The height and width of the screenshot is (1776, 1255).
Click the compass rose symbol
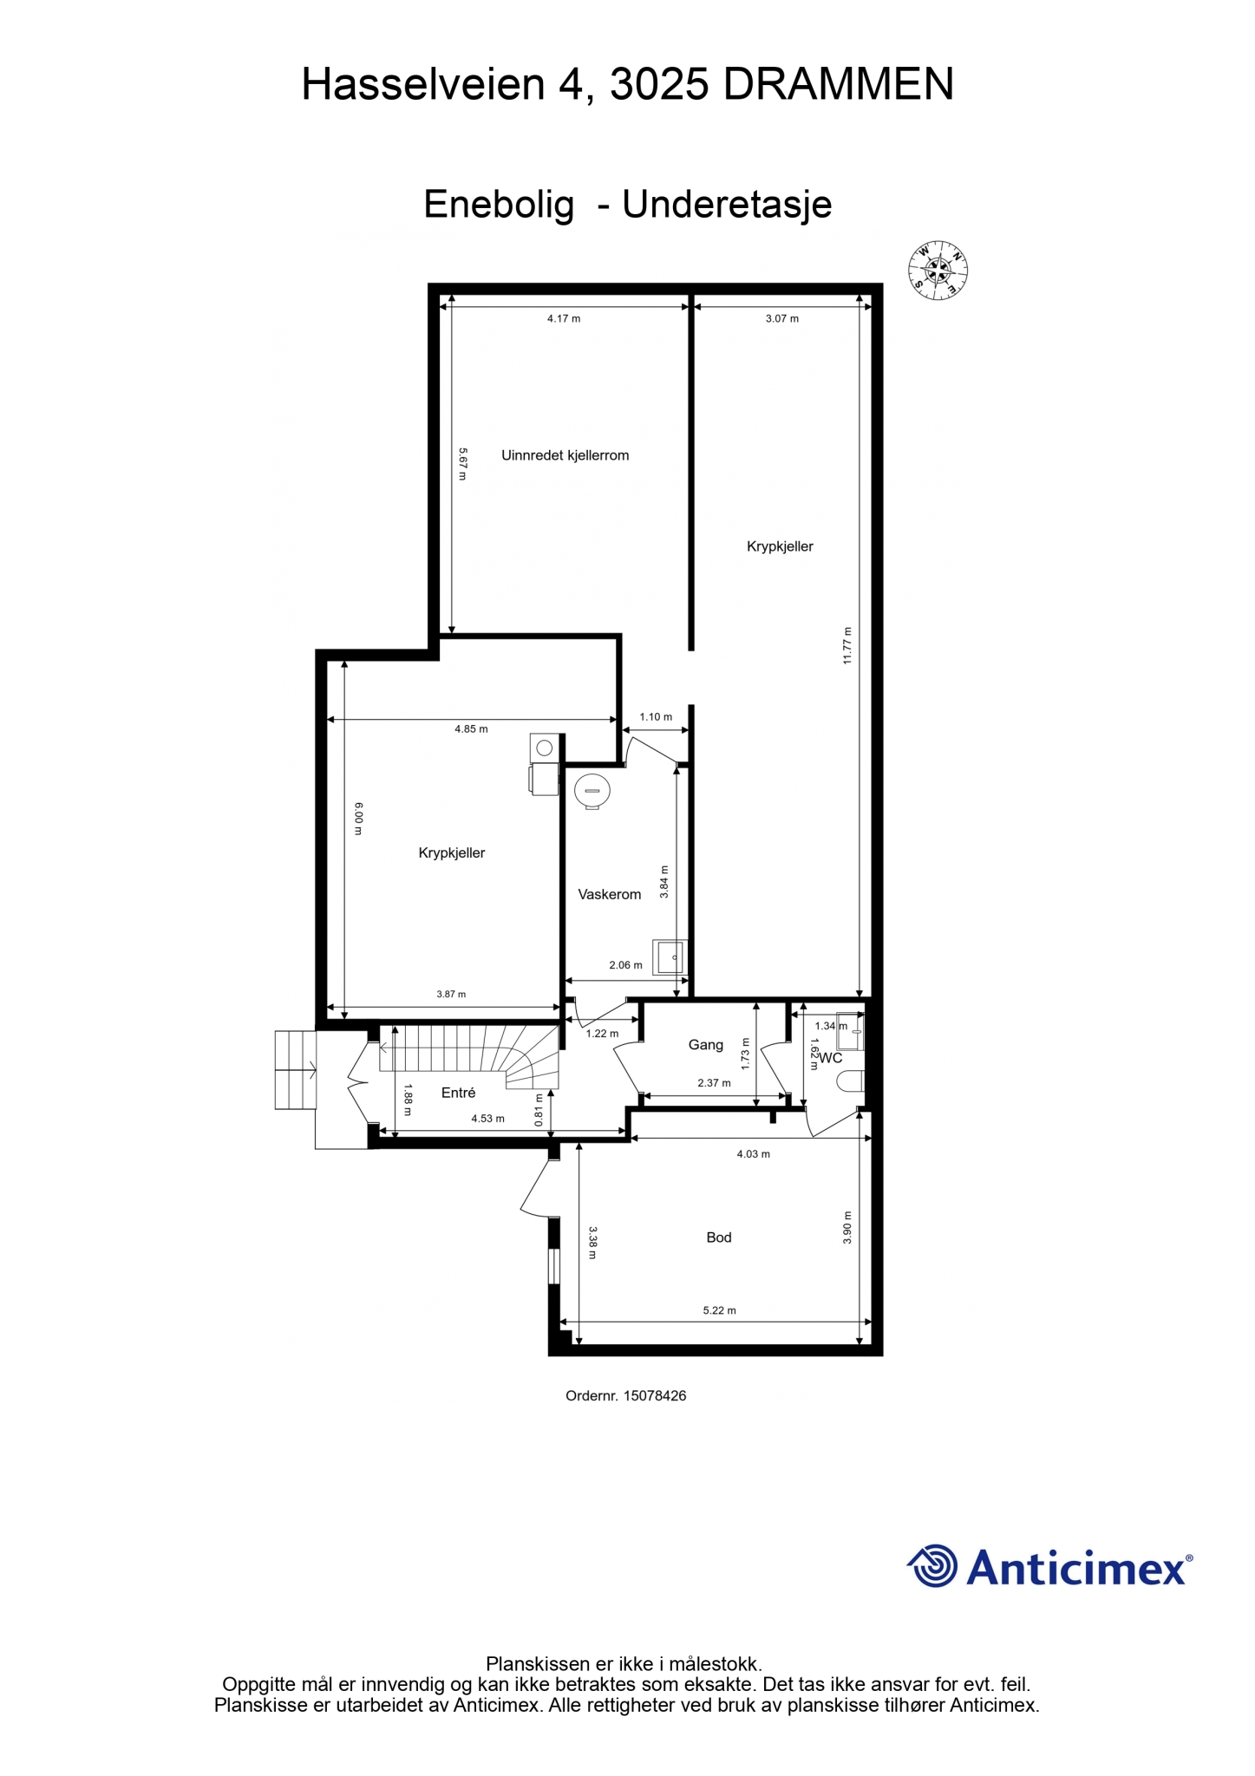click(x=938, y=271)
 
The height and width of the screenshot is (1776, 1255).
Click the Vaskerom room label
click(x=610, y=894)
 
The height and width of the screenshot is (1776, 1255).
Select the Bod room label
click(x=719, y=1237)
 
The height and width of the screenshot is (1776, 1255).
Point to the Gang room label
click(x=706, y=1045)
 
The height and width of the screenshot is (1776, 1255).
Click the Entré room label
click(x=458, y=1093)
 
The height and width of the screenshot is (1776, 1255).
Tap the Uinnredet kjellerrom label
click(x=565, y=455)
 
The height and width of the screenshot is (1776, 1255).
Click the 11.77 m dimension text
click(x=847, y=645)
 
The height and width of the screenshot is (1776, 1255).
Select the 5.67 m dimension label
click(x=462, y=464)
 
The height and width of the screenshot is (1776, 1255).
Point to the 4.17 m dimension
click(x=564, y=318)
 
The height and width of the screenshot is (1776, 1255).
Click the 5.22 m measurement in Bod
click(x=719, y=1310)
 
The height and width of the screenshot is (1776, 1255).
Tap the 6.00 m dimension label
click(x=358, y=819)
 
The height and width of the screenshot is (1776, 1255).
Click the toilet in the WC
click(x=852, y=1081)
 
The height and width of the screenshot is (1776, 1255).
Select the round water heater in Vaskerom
click(x=592, y=792)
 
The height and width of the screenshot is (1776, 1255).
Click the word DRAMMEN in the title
click(x=839, y=85)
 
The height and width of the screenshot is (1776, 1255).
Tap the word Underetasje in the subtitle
click(x=728, y=205)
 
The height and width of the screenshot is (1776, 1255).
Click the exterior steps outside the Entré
click(x=297, y=1069)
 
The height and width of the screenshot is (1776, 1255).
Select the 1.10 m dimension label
click(x=656, y=717)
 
